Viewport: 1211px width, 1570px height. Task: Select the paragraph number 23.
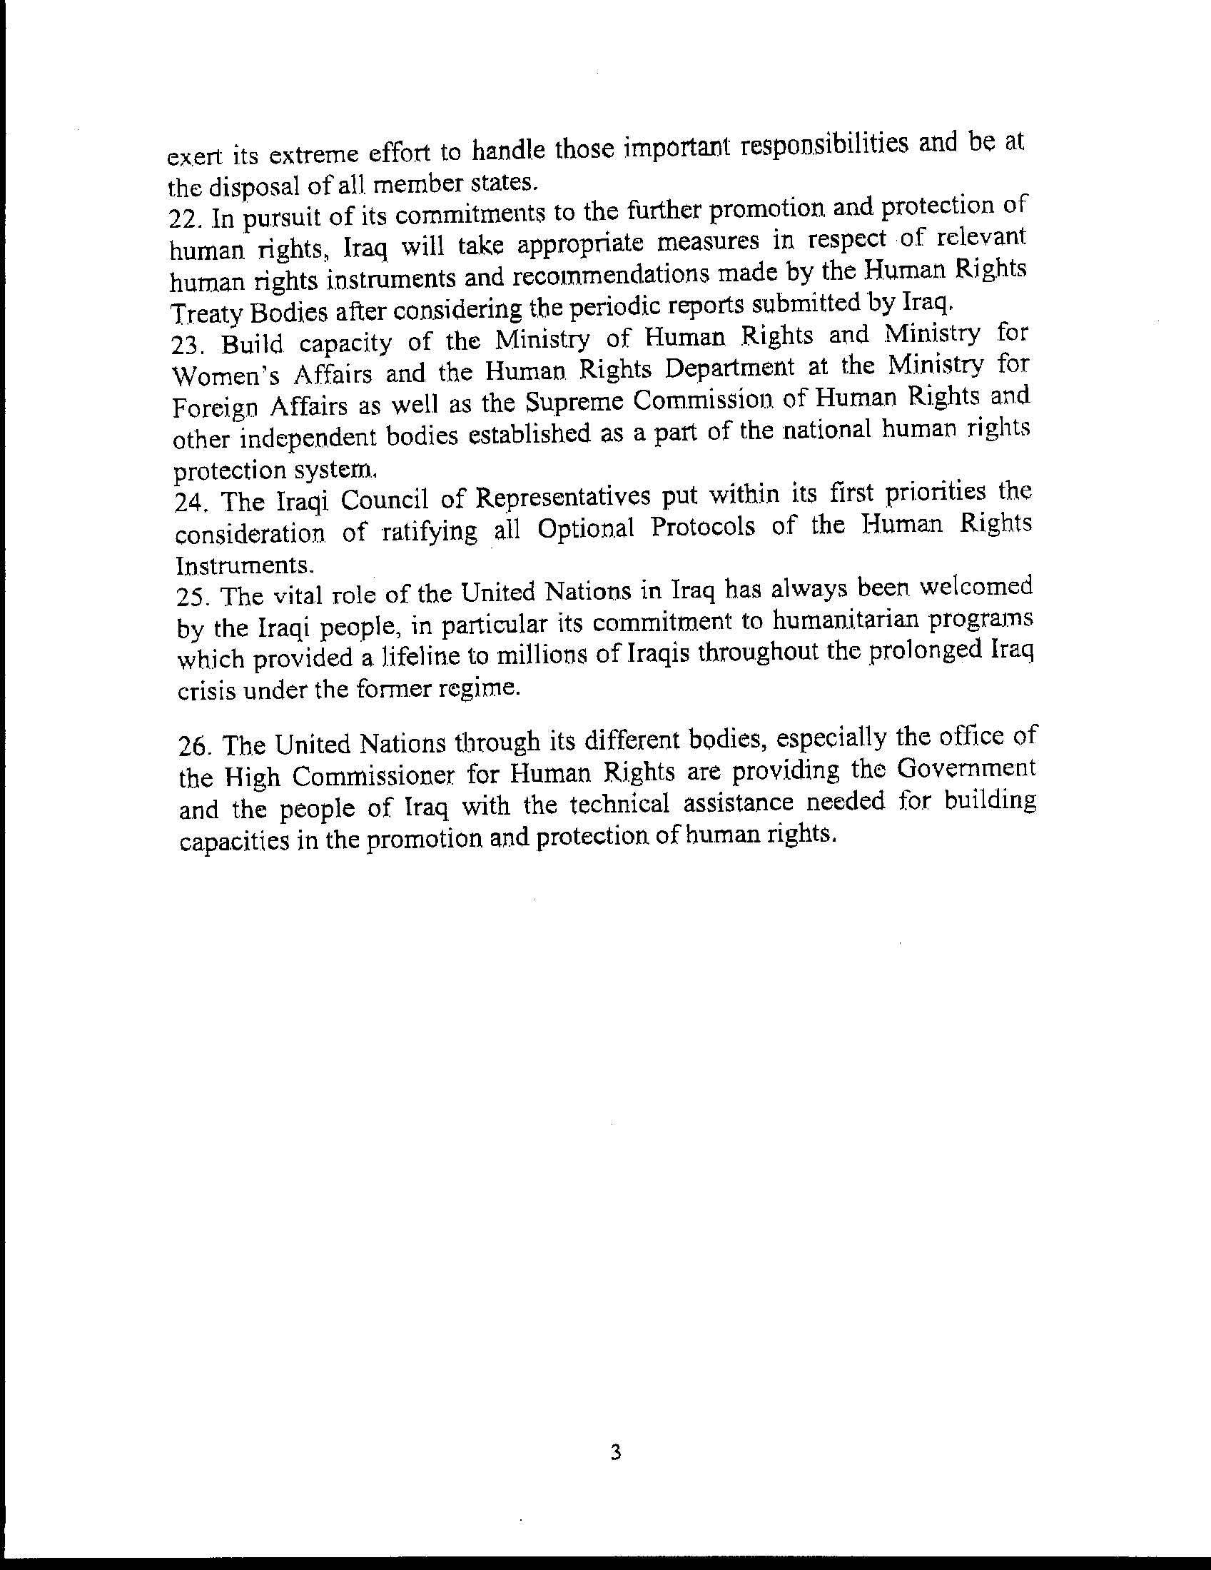pyautogui.click(x=186, y=347)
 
